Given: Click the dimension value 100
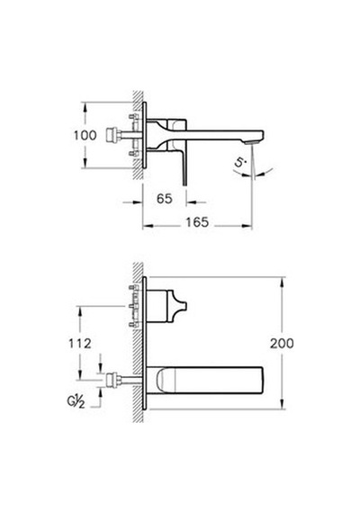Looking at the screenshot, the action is coord(85,135).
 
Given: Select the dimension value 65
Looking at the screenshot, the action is coord(165,199).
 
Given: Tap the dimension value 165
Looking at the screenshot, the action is coord(197,222).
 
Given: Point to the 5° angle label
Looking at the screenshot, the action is coord(240,162).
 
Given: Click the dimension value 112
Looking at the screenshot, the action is coord(80,344).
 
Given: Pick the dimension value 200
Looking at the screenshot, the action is coord(282,343).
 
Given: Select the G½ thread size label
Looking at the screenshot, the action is coord(76,401).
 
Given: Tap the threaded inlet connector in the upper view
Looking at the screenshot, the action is coord(112,135).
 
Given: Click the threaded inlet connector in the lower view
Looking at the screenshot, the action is coord(112,380).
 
